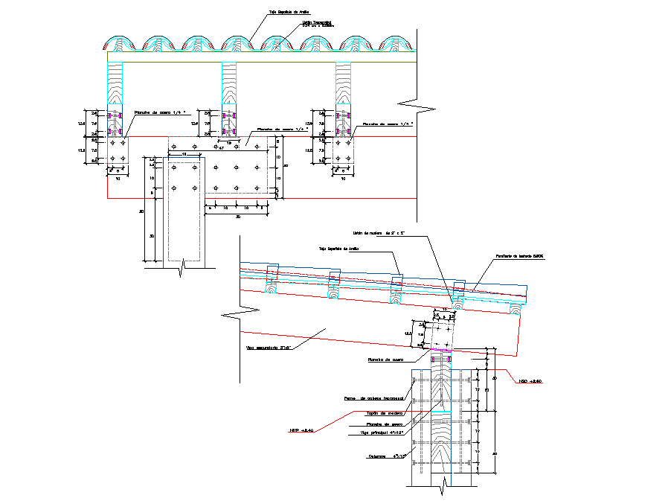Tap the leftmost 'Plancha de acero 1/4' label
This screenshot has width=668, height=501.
pyautogui.click(x=158, y=113)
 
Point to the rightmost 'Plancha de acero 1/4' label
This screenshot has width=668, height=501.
pyautogui.click(x=387, y=124)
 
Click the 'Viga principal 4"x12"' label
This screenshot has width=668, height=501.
pyautogui.click(x=385, y=433)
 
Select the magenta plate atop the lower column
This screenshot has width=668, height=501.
pyautogui.click(x=445, y=351)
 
